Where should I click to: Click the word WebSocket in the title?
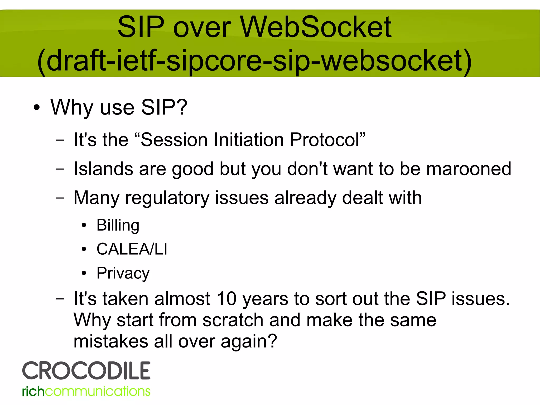coord(316,27)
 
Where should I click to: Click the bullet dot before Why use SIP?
coord(37,108)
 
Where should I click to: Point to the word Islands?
coord(103,169)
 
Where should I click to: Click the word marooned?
coord(469,169)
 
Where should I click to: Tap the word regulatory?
coord(167,198)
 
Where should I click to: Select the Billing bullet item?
coord(118,225)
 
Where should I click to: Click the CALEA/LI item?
coord(132,249)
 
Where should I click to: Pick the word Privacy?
coord(123,273)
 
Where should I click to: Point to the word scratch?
coord(233,320)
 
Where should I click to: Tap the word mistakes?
coord(111,341)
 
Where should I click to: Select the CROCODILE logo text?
coord(86,371)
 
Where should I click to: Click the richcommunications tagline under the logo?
coord(86,391)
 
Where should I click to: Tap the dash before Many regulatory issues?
coord(60,198)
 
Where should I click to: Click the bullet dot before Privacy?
coord(84,273)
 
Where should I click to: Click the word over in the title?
coord(202,27)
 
